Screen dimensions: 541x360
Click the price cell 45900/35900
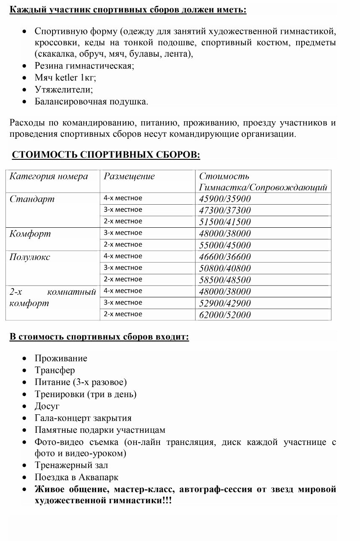[224, 199]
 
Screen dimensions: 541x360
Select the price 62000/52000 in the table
[224, 315]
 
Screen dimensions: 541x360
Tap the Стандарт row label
[32, 199]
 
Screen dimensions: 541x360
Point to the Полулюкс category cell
[30, 257]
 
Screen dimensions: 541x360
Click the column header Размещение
[129, 176]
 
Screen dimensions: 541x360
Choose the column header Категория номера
[49, 176]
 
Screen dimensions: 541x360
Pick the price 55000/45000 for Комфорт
[224, 245]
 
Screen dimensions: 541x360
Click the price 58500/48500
[224, 280]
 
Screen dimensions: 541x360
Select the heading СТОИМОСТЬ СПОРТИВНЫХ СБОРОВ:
[106, 155]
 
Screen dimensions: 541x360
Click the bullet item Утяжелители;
[64, 90]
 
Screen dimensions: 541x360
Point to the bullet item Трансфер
[55, 370]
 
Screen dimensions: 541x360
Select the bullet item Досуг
[47, 406]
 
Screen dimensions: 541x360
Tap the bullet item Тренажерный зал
[71, 466]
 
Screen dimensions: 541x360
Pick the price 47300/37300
[224, 211]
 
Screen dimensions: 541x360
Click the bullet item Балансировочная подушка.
[91, 101]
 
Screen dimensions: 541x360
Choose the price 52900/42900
[224, 303]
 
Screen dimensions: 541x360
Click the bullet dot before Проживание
[26, 359]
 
